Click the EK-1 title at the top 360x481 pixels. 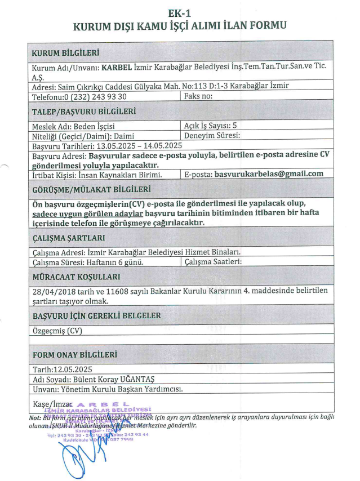pyautogui.click(x=180, y=12)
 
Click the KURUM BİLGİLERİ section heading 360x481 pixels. pyautogui.click(x=66, y=52)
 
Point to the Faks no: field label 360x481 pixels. pyautogui.click(x=199, y=96)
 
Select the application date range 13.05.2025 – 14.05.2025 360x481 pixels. pyautogui.click(x=135, y=145)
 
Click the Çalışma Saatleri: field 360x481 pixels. pyautogui.click(x=214, y=262)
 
